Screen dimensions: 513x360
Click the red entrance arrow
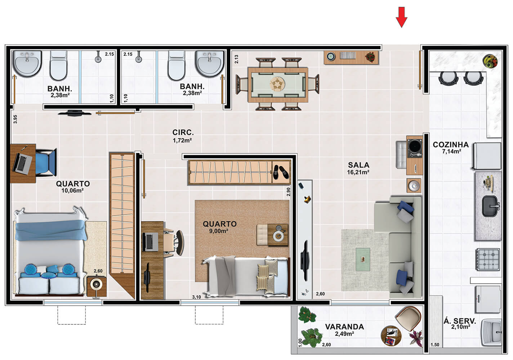(401, 17)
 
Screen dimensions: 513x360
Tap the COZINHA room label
(451, 145)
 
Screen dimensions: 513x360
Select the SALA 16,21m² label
(358, 168)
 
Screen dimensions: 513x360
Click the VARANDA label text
(344, 327)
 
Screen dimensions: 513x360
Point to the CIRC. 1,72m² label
(183, 136)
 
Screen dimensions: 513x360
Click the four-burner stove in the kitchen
(488, 260)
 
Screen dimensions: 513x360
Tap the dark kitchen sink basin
(490, 206)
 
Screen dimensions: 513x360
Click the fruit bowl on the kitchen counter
(490, 61)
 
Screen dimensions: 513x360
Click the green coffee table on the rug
(363, 259)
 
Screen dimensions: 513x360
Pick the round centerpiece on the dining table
(277, 84)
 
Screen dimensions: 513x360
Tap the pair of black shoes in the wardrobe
(281, 172)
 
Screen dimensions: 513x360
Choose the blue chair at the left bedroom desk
(46, 162)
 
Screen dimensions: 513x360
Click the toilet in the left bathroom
(59, 65)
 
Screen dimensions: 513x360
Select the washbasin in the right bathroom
(209, 63)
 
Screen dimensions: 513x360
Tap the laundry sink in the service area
(491, 333)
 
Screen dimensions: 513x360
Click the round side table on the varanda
(391, 336)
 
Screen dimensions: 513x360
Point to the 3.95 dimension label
(15, 119)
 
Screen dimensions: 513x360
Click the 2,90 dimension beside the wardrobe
(288, 192)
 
